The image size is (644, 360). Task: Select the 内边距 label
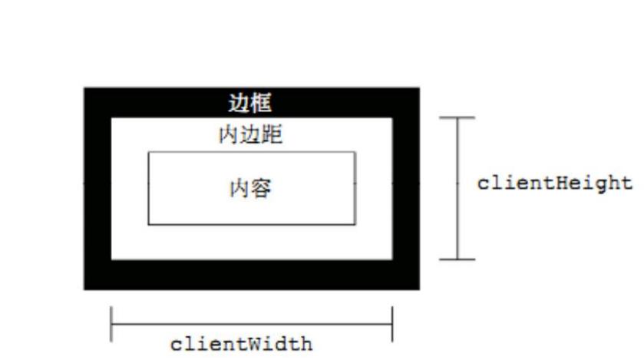tap(250, 136)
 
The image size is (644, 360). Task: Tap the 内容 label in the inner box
tap(251, 189)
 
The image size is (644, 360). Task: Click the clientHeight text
tap(554, 184)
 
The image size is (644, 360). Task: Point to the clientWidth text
tap(241, 343)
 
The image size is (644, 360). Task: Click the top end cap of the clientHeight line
tap(457, 118)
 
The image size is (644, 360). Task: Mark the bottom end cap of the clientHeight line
tap(457, 259)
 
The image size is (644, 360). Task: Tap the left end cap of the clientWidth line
tap(111, 324)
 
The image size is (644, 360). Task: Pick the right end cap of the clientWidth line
tap(392, 324)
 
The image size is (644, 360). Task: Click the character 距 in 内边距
tap(272, 136)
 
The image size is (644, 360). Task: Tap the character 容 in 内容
tap(262, 189)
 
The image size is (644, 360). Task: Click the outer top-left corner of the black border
tap(84, 88)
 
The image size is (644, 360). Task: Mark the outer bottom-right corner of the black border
tap(419, 289)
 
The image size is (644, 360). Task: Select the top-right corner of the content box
tap(355, 152)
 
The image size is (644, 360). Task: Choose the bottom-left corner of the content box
tap(148, 224)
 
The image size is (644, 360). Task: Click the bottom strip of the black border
tap(252, 274)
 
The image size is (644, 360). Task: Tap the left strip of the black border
tap(97, 189)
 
